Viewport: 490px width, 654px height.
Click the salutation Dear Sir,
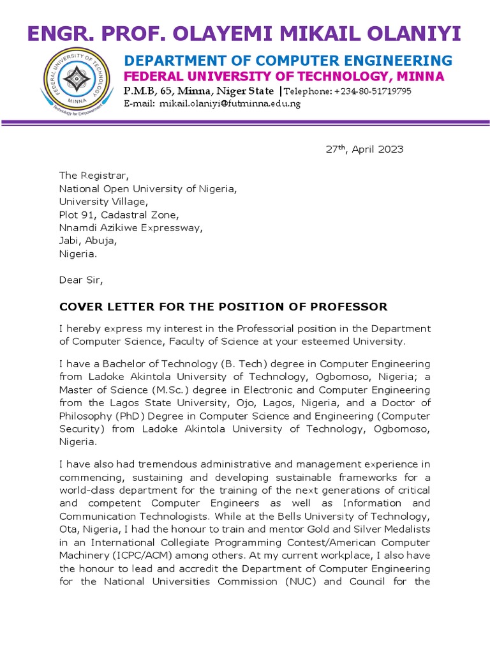pos(80,280)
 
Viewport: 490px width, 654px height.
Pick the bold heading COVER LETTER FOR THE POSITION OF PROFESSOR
pos(223,307)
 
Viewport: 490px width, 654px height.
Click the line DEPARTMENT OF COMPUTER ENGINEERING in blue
pos(288,61)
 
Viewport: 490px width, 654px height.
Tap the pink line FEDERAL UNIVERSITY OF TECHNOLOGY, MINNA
pos(284,77)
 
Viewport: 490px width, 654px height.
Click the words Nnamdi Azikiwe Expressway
pos(130,227)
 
